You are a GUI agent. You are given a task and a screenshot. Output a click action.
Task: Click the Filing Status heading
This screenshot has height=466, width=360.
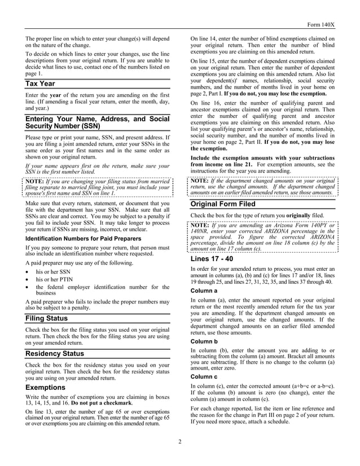click(x=47, y=318)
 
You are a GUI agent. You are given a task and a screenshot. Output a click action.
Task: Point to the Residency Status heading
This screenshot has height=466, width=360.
click(x=55, y=354)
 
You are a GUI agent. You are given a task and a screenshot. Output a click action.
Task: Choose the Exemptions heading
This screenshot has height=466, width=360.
click(x=45, y=388)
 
